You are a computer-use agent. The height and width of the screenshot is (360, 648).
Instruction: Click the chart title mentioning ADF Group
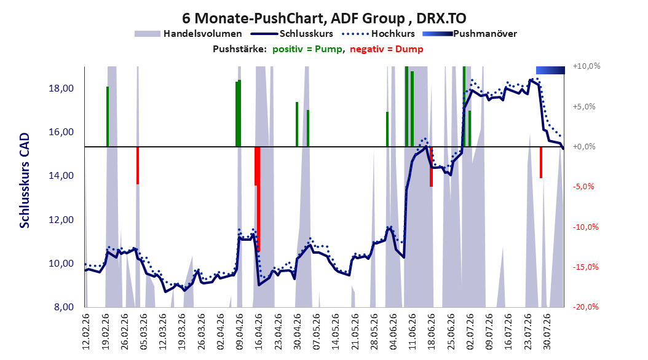coord(324,18)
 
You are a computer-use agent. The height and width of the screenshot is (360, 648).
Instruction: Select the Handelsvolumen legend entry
coord(188,34)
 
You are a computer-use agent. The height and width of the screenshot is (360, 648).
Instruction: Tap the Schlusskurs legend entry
coord(292,34)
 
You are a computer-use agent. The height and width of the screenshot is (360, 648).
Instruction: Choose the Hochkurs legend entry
coord(377,34)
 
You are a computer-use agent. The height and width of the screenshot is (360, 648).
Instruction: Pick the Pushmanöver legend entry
coord(470,34)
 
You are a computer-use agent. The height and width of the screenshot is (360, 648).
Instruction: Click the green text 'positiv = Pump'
coord(307,49)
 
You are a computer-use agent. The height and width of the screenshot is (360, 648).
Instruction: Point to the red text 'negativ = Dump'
coord(387,49)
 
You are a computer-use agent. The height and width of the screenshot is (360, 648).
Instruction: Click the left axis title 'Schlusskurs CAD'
coord(25,181)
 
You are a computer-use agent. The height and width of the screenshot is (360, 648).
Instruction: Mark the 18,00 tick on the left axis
coord(61,88)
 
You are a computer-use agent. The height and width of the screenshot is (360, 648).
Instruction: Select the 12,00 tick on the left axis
coord(61,220)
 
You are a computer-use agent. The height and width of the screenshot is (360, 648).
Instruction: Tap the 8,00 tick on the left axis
coord(64,307)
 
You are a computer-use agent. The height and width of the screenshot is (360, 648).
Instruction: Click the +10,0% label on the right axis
coord(587,66)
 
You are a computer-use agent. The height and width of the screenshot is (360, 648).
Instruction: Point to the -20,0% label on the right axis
coord(585,307)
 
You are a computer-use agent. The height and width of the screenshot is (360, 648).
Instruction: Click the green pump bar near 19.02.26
coord(108,117)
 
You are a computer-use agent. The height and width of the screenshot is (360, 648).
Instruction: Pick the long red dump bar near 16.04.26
coord(258,199)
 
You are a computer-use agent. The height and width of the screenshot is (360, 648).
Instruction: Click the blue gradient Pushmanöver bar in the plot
coord(550,71)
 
